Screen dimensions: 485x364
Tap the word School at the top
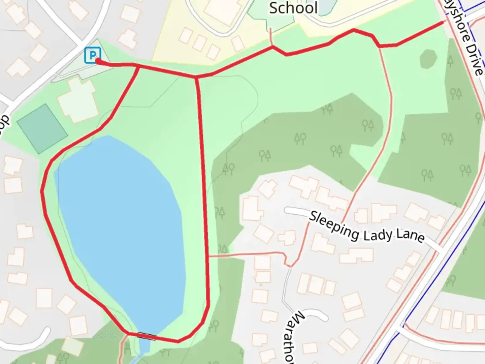coord(293,8)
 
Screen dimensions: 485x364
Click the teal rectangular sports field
coord(42,129)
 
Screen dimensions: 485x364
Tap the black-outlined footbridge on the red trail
coord(146,336)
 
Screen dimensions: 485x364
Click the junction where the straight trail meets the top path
coord(196,78)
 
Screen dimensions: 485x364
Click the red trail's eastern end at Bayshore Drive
coord(443,23)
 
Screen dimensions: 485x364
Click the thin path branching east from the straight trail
coord(246,254)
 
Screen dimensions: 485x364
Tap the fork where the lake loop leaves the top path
coord(139,66)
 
